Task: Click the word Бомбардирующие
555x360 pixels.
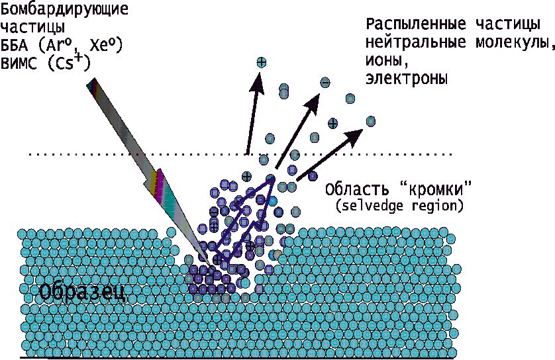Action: coord(64,9)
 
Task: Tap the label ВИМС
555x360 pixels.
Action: coord(19,64)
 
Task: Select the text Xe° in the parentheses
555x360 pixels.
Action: coord(105,45)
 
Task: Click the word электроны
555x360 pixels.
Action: coord(407,78)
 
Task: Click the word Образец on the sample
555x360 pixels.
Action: coord(81,291)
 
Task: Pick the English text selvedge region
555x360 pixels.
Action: coord(399,206)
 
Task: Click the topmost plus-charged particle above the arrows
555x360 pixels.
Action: coord(261,63)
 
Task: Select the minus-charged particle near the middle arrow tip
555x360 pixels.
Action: coord(325,83)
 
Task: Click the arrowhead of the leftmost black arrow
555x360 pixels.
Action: coord(256,82)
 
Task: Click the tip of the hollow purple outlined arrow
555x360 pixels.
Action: coord(272,179)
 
